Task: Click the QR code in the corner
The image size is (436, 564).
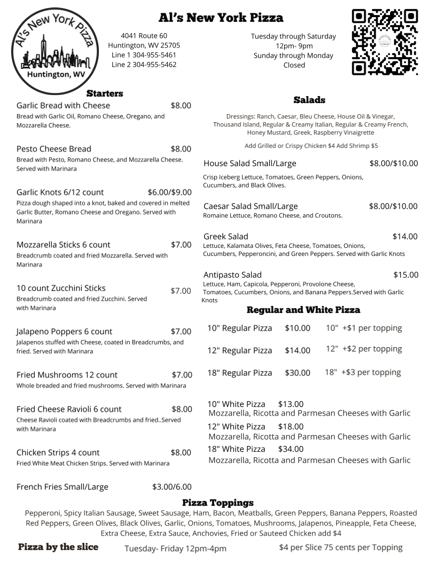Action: click(x=384, y=42)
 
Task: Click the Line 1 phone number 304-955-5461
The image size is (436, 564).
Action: click(x=144, y=55)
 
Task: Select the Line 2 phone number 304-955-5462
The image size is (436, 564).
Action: click(x=144, y=65)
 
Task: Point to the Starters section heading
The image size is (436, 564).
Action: click(x=105, y=93)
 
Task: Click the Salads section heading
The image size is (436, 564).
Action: click(x=309, y=100)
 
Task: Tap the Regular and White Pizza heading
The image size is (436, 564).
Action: click(x=303, y=310)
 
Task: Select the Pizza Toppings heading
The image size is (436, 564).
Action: click(x=217, y=503)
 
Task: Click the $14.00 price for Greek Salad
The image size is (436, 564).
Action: click(x=405, y=237)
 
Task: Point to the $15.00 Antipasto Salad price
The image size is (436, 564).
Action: click(x=406, y=275)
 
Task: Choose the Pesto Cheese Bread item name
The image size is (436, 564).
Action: click(x=54, y=149)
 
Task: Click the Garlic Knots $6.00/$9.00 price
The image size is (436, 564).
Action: click(x=169, y=192)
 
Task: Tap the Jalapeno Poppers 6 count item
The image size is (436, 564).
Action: click(x=64, y=332)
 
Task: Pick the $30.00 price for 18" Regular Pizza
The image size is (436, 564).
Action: click(x=297, y=373)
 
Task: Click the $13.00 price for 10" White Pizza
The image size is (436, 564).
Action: click(x=291, y=404)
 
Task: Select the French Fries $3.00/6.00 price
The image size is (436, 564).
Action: click(x=172, y=487)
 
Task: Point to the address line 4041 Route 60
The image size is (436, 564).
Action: click(x=144, y=36)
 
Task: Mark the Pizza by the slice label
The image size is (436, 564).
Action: click(x=58, y=547)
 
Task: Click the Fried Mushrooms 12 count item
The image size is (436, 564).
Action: click(x=67, y=375)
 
